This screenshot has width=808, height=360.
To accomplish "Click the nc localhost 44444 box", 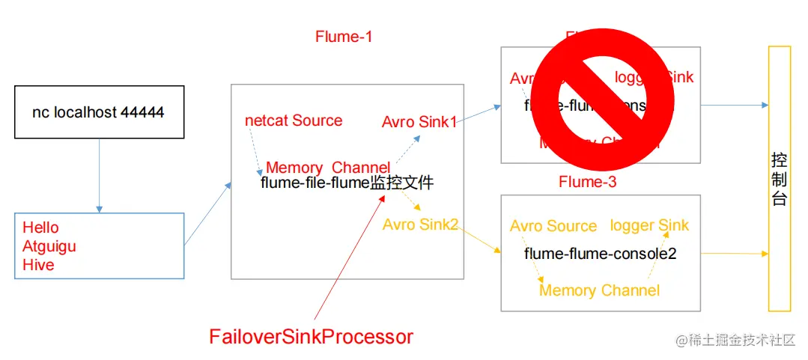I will click(x=99, y=112).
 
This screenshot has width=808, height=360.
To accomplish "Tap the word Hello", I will click(x=40, y=228).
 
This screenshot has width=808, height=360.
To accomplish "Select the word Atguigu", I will click(x=49, y=245).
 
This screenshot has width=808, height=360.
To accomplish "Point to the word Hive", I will click(x=38, y=264).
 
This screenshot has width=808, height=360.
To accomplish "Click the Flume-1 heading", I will click(x=344, y=37).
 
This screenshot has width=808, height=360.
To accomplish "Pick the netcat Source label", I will click(x=294, y=120).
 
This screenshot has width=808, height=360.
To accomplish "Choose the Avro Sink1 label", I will click(x=419, y=121).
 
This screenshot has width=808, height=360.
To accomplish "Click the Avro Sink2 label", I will click(x=419, y=224).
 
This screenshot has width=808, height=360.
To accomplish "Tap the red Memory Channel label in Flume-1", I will click(x=327, y=168).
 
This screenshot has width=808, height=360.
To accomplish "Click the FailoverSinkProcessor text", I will click(x=311, y=337).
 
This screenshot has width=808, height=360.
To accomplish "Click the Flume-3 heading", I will click(x=587, y=182).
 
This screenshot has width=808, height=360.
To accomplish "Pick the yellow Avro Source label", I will click(x=553, y=226).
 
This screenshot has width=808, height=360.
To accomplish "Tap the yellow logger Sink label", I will click(x=649, y=225).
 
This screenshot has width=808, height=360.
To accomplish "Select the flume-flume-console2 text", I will click(x=600, y=254).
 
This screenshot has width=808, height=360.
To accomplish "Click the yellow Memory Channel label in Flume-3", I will click(x=599, y=290).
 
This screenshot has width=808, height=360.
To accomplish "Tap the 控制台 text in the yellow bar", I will click(x=779, y=180).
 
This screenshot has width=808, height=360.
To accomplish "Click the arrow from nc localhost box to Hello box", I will click(x=99, y=176).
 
